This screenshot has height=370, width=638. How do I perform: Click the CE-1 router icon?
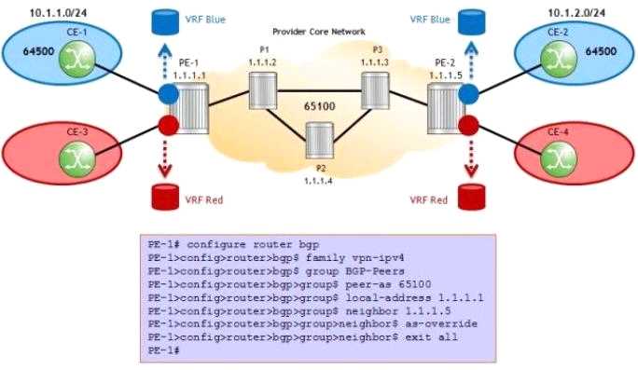[x=77, y=60]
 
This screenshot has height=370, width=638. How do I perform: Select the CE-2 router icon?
[x=559, y=59]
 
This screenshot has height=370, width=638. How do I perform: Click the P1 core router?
[x=263, y=90]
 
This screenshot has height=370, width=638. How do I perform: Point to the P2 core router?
[x=319, y=141]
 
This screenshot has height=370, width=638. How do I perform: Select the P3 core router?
[x=375, y=90]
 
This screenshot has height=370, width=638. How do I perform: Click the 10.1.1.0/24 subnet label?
[x=58, y=13]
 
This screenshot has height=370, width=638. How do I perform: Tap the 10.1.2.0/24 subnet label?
[x=576, y=13]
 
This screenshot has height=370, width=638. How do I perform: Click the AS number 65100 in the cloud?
[x=320, y=106]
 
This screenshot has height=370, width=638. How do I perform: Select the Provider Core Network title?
[x=319, y=32]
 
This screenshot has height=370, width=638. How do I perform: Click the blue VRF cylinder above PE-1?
[x=165, y=22]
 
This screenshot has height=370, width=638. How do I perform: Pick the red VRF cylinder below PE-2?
[x=472, y=198]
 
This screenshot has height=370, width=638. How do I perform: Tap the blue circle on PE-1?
[x=168, y=93]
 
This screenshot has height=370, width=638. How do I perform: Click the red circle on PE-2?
[x=468, y=125]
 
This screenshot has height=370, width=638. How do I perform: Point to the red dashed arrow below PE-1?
[x=165, y=158]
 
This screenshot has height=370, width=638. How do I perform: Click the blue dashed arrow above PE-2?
[x=471, y=62]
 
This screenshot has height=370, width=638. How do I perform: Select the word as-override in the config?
[x=441, y=324]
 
